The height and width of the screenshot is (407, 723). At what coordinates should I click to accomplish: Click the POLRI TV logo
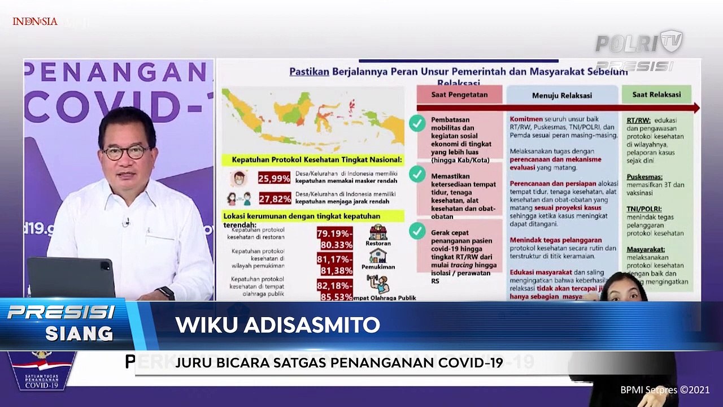[x=639, y=43]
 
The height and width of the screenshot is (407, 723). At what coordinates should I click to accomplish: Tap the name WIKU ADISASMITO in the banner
[x=277, y=325]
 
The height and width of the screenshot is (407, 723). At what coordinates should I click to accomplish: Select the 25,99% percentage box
[x=274, y=179]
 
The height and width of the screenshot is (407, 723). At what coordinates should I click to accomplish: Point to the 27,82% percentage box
[x=274, y=199]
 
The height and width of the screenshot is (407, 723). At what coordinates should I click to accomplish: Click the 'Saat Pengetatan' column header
[x=459, y=94]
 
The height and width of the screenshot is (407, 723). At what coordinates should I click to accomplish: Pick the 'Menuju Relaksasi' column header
[x=561, y=96]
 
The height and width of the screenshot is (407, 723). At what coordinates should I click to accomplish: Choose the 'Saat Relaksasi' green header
[x=656, y=94]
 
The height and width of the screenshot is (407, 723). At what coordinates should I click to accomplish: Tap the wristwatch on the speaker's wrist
[x=165, y=293]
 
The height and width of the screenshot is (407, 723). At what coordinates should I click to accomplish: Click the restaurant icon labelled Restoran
[x=378, y=232]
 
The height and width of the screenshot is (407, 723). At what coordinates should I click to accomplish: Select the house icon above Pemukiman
[x=377, y=256]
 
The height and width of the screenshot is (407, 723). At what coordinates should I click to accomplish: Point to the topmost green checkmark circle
[x=417, y=123]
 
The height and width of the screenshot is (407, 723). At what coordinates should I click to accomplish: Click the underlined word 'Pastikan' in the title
[x=309, y=72]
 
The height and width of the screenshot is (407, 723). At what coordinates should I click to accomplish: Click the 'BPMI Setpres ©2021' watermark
[x=664, y=390]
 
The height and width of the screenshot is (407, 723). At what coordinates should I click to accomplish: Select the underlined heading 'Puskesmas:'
[x=644, y=176]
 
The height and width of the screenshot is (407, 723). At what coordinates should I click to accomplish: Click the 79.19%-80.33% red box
[x=334, y=238]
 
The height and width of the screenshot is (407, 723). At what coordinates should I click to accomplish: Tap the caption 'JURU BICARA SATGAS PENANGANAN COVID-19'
[x=339, y=362]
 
